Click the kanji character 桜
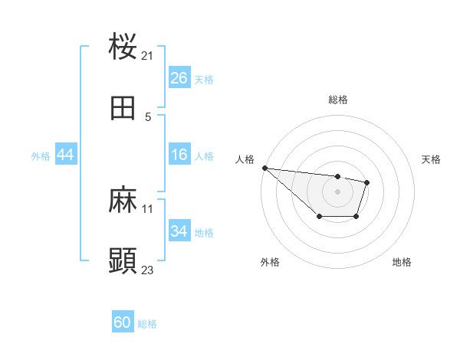pyautogui.click(x=123, y=47)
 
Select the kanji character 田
pyautogui.click(x=123, y=109)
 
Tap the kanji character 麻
pyautogui.click(x=123, y=201)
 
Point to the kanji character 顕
pyautogui.click(x=123, y=262)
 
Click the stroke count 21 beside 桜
pyautogui.click(x=148, y=55)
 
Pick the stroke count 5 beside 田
pyautogui.click(x=148, y=116)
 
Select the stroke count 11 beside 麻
pyautogui.click(x=148, y=208)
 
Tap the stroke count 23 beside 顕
pyautogui.click(x=148, y=270)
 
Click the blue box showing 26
pyautogui.click(x=179, y=78)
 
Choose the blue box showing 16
pyautogui.click(x=179, y=155)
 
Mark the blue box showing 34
pyautogui.click(x=179, y=231)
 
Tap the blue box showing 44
pyautogui.click(x=66, y=155)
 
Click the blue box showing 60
pyautogui.click(x=123, y=323)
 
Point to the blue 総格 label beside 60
pyautogui.click(x=147, y=324)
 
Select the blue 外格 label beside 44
pyautogui.click(x=41, y=156)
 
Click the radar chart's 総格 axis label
pyautogui.click(x=337, y=100)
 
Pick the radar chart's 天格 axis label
pyautogui.click(x=431, y=159)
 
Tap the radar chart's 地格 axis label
pyautogui.click(x=402, y=262)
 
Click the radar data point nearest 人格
pyautogui.click(x=264, y=168)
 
